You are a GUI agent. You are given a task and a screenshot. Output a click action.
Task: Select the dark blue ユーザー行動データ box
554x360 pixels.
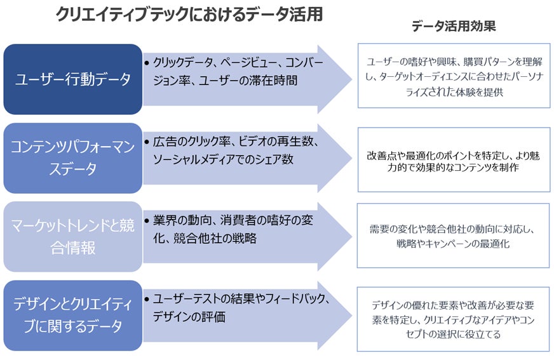(x=72, y=79)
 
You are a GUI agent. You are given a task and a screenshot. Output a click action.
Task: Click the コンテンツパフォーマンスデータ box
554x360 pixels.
(x=72, y=158)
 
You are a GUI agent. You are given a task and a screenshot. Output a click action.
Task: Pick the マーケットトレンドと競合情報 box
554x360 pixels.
(x=72, y=237)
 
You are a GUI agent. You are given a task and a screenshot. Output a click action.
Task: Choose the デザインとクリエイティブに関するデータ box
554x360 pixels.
(x=72, y=315)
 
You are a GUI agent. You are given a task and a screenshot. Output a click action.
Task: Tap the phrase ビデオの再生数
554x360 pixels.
(x=283, y=142)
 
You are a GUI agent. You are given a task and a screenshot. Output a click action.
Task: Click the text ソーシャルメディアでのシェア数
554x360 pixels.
(x=223, y=159)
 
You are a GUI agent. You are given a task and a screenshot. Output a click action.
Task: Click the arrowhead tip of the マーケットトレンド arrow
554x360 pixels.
(x=350, y=237)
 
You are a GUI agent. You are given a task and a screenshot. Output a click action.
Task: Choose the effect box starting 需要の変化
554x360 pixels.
(x=453, y=236)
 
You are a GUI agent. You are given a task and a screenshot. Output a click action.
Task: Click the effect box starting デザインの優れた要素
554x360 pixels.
(x=453, y=319)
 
